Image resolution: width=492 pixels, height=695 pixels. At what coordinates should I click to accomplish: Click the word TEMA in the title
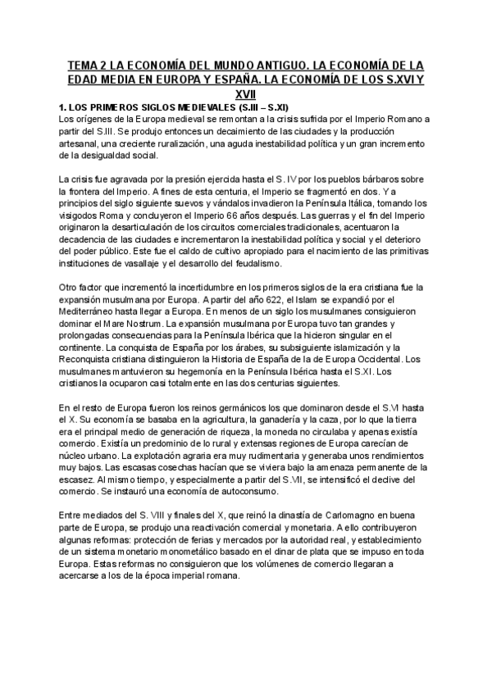(x=83, y=65)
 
